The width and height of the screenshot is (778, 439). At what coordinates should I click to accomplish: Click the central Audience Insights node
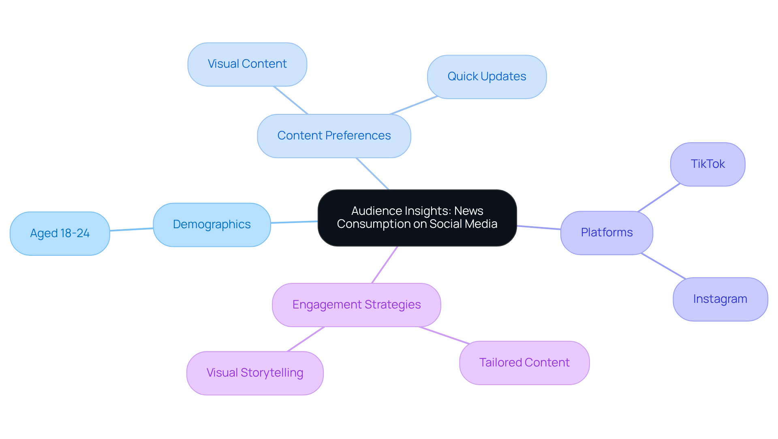(417, 218)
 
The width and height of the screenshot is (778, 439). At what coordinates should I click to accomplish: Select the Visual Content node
(247, 64)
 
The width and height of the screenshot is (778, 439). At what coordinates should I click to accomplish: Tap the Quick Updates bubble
(487, 77)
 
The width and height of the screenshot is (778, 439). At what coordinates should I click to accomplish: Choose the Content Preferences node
(334, 136)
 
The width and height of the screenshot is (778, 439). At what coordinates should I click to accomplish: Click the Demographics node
(212, 225)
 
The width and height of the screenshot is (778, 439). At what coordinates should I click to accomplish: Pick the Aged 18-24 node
(60, 233)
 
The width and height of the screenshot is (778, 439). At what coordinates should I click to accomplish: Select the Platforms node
(607, 233)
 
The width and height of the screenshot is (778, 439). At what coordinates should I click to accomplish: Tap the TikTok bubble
(707, 164)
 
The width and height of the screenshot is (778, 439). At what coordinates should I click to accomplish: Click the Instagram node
(720, 299)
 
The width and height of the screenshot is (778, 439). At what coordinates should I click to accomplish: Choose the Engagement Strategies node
(356, 305)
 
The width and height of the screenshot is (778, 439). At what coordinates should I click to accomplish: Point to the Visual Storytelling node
(255, 373)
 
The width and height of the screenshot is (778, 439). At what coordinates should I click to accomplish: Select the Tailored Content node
(524, 363)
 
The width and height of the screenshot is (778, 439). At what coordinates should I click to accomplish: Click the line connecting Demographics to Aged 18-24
(132, 229)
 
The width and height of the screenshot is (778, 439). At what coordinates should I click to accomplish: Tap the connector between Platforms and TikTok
(659, 197)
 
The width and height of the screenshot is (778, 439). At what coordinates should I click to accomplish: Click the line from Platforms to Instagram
(663, 266)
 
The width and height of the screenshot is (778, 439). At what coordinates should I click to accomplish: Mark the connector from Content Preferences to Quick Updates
(414, 105)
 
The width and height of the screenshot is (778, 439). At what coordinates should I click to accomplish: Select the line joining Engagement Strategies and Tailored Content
(444, 335)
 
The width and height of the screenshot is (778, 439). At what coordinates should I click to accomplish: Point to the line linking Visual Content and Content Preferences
(291, 100)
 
